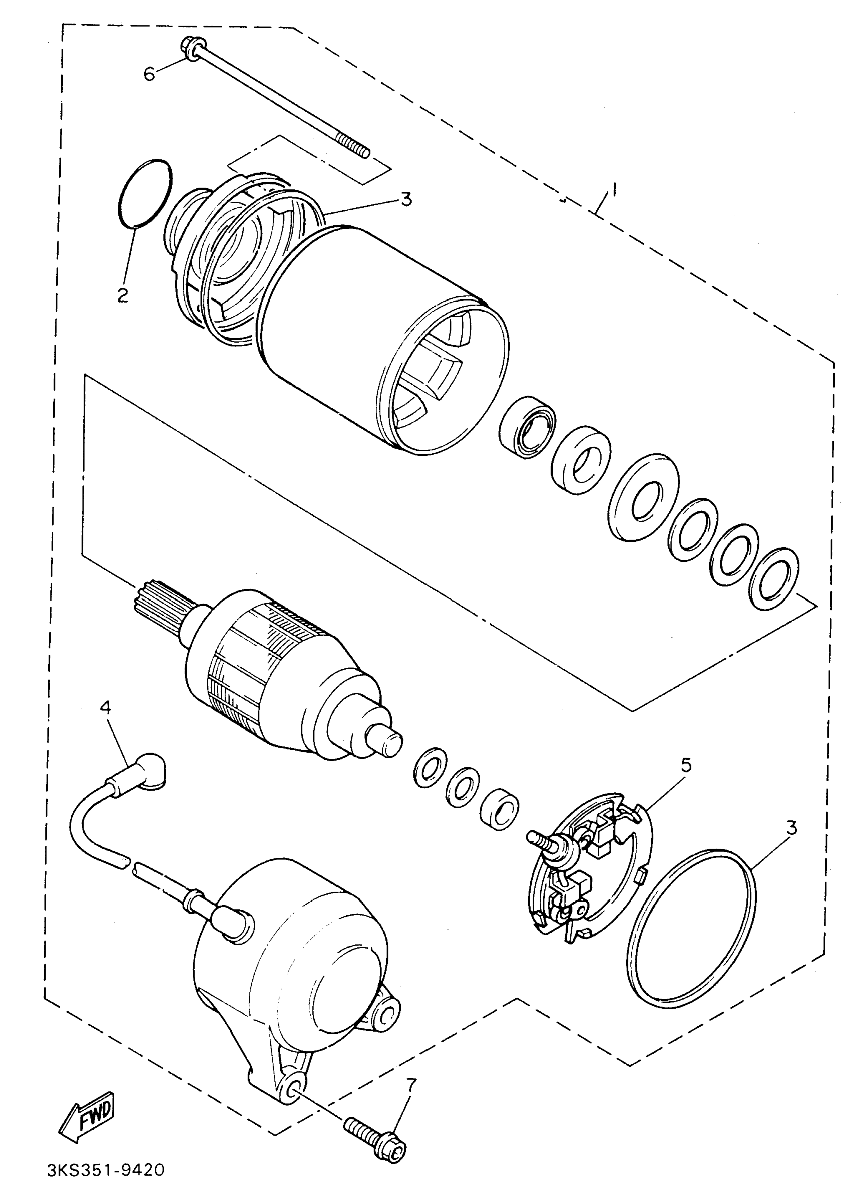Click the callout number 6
coord(150,75)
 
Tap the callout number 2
coord(123,295)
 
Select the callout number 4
coord(105,708)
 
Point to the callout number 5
coord(686,765)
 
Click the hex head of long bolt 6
coord(189,47)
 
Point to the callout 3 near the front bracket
coord(406,200)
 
